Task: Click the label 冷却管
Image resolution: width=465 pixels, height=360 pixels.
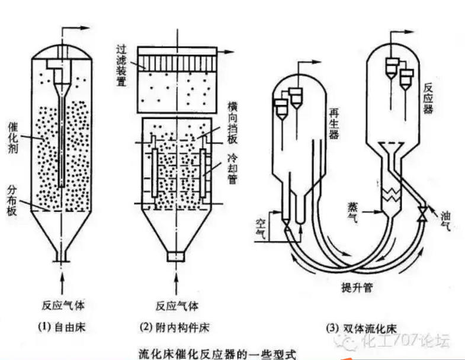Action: point(232,168)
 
